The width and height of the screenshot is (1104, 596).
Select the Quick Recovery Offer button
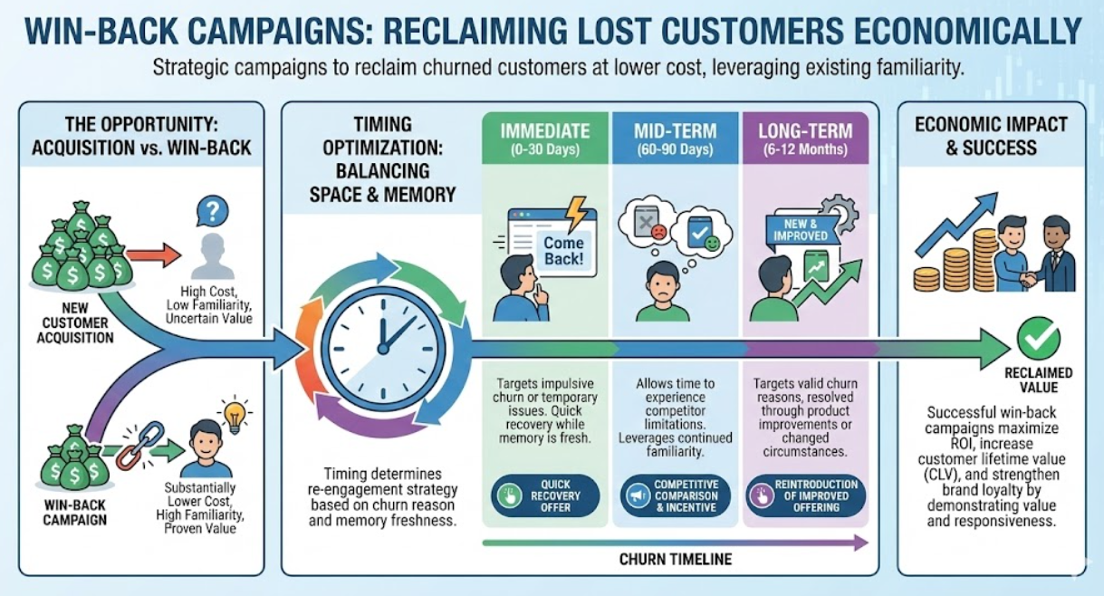(x=545, y=495)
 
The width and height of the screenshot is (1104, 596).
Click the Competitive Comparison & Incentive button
(x=676, y=495)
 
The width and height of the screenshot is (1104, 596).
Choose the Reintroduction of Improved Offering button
(x=807, y=495)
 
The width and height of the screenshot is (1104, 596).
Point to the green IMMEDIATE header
(x=545, y=139)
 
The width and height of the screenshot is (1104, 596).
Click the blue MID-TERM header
(x=676, y=139)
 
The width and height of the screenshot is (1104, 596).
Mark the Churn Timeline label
(x=675, y=560)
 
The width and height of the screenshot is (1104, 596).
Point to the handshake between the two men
(x=1030, y=280)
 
